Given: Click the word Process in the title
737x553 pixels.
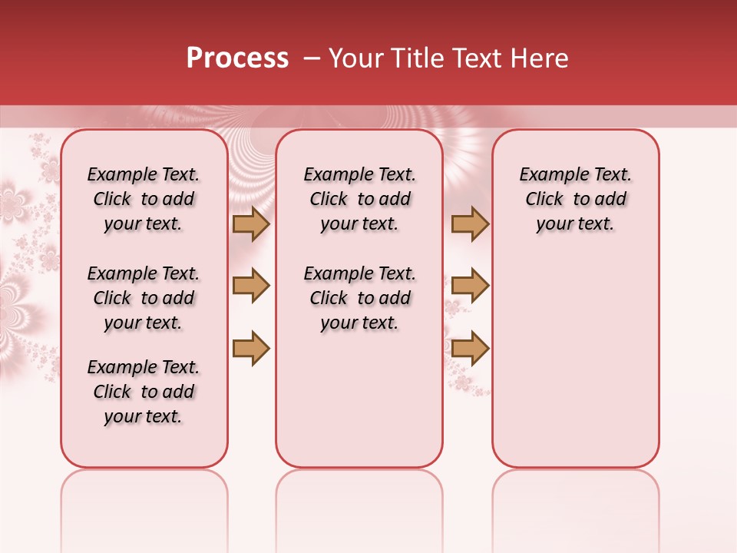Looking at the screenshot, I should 237,58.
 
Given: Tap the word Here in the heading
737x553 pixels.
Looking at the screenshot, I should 538,58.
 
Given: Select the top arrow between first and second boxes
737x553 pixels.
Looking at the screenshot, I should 251,224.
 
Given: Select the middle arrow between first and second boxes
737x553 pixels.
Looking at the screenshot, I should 251,286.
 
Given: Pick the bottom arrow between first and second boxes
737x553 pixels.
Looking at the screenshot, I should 251,348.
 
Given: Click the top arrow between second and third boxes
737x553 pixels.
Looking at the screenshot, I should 470,224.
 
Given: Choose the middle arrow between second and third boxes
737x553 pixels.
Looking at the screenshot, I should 470,286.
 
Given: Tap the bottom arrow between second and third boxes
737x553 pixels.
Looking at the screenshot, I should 470,348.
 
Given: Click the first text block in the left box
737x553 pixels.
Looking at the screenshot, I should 144,199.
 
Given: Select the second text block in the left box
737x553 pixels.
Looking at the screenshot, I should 144,298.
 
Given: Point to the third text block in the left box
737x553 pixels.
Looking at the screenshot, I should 144,392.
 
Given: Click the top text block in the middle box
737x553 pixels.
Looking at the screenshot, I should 360,199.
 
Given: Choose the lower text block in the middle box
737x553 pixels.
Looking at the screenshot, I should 360,298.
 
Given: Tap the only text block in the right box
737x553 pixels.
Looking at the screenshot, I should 576,199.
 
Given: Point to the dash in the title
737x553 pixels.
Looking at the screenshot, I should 312,58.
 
